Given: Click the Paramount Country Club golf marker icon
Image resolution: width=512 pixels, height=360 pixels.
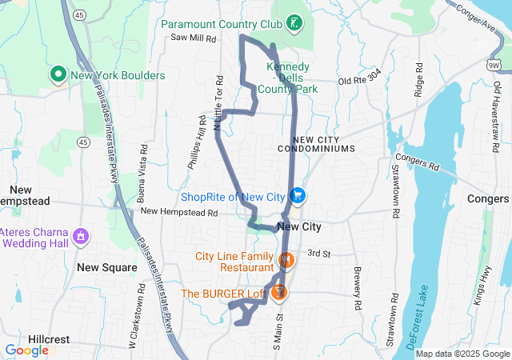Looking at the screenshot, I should [x=296, y=22].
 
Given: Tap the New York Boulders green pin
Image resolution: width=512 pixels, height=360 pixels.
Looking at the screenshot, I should [x=58, y=76].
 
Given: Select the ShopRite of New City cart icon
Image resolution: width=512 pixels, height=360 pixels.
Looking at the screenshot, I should [x=298, y=195].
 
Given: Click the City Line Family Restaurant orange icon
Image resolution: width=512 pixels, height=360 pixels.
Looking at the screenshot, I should [x=286, y=260].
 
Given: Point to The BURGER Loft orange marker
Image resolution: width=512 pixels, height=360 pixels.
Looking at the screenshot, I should [x=278, y=293].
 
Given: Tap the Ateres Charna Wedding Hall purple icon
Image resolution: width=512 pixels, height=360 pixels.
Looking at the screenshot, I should [x=80, y=236].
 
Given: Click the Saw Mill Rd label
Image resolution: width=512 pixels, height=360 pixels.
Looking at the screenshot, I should [x=193, y=38].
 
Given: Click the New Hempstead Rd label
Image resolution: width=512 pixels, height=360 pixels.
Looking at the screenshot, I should [x=179, y=213].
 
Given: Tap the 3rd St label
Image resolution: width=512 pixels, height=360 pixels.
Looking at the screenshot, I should [x=319, y=253].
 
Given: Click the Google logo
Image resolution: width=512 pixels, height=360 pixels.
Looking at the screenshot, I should [x=27, y=350].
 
